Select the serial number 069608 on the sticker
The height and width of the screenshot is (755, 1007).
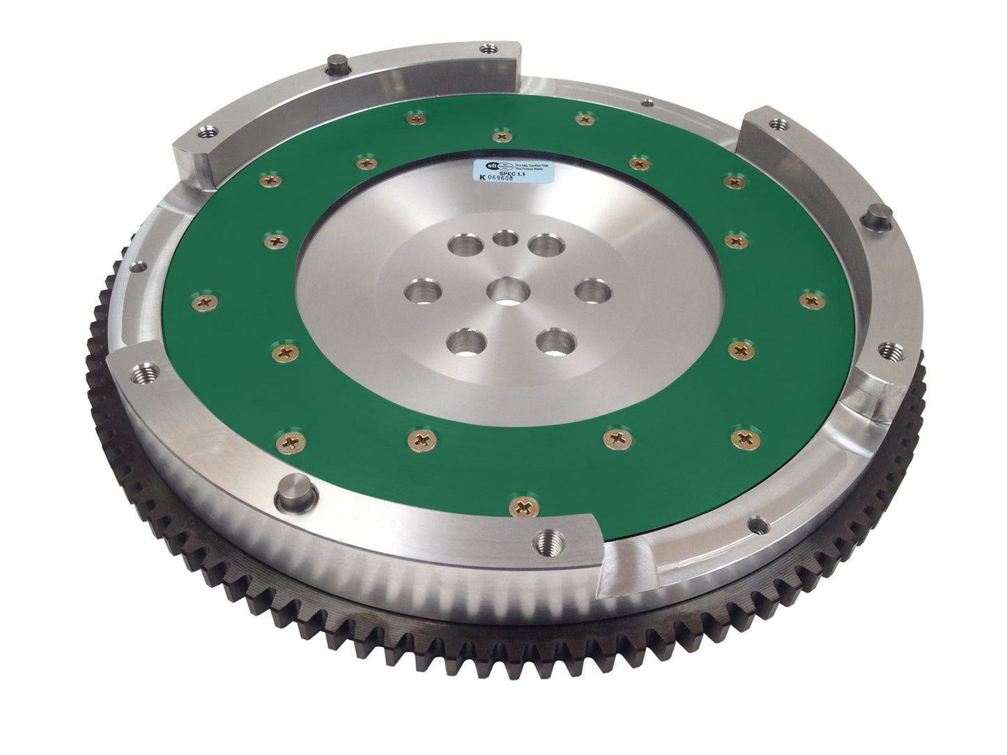pos(515,179)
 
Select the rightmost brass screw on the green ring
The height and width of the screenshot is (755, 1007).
pos(812,300)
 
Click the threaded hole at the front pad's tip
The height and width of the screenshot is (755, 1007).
pos(546,538)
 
